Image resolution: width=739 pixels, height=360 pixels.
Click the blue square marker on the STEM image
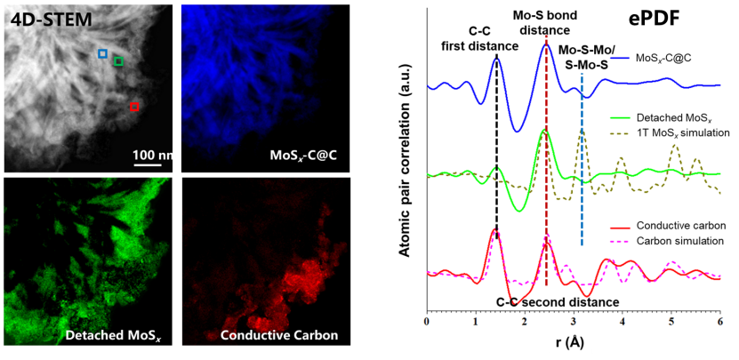click(103, 54)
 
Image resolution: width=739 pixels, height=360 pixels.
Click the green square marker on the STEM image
click(119, 62)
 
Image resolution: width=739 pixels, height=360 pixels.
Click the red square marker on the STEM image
click(134, 108)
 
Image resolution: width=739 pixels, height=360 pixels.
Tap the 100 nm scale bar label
click(155, 155)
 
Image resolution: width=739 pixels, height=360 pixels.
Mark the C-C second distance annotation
click(557, 303)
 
